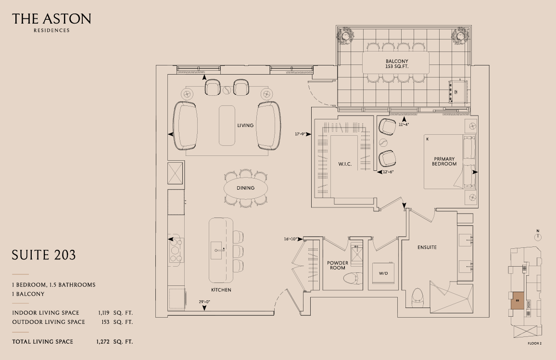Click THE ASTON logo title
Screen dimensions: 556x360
click(52, 19)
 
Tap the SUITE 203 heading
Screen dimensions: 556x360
click(44, 255)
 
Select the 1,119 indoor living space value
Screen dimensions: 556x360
click(104, 313)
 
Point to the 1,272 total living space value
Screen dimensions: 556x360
click(103, 342)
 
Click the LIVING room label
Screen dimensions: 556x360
click(245, 125)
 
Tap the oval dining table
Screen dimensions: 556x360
click(246, 188)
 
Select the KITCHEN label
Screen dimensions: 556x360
click(221, 290)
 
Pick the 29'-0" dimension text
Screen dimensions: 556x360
click(204, 302)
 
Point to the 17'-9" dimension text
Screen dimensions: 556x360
click(300, 134)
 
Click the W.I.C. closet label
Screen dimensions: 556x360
click(345, 164)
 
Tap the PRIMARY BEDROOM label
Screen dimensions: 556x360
click(444, 161)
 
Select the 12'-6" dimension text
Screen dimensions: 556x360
click(388, 172)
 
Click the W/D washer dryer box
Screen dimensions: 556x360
click(383, 273)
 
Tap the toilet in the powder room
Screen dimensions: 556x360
click(353, 279)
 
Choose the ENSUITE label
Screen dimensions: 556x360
click(427, 247)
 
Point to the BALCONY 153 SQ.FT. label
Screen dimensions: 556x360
click(397, 64)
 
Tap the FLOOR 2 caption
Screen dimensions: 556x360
click(535, 343)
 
